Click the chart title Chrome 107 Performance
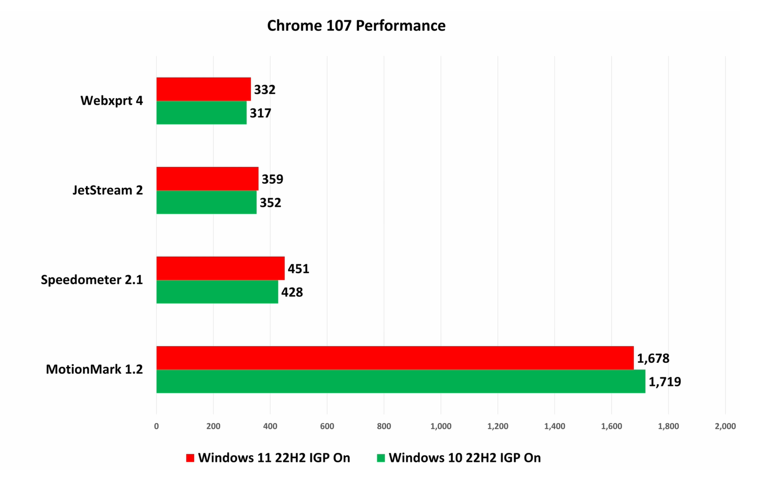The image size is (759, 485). pos(356,26)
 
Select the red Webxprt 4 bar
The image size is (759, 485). pos(204,89)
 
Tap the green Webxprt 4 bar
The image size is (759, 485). pos(201,113)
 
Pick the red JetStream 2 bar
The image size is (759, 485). pos(207,179)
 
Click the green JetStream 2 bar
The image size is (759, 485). pos(206,202)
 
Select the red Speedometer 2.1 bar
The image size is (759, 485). pos(220,268)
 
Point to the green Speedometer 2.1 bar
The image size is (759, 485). pos(217,292)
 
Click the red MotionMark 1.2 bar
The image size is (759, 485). pos(395,358)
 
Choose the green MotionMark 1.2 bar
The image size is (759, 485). pos(401,381)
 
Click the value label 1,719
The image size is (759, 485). pos(664,382)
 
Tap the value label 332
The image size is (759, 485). pos(265,90)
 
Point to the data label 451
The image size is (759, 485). pos(299,269)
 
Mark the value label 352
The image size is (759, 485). pos(270,203)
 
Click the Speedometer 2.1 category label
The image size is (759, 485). pos(92,280)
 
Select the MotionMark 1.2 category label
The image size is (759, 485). pos(94,370)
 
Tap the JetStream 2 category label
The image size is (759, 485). pos(108,190)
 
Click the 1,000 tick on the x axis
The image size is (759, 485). pos(441,426)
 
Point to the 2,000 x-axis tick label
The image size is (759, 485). pos(725,426)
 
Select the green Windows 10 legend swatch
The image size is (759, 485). pos(381,458)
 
